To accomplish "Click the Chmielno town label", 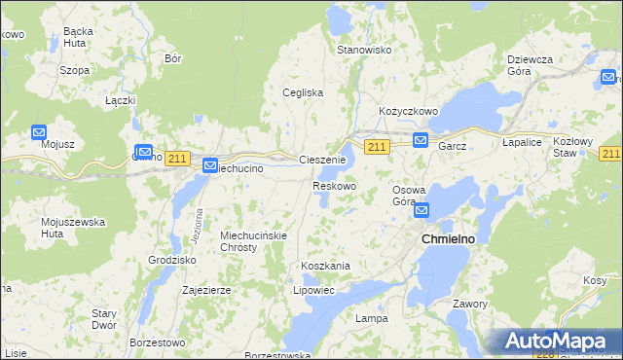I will [447, 238].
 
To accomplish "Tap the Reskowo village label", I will [334, 185].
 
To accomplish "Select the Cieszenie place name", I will [322, 160].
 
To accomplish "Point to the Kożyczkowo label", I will [409, 112].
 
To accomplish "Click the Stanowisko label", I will [363, 50].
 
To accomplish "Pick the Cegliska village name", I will [303, 92].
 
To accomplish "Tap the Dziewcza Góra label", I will [531, 65].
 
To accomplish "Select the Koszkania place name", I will [325, 266].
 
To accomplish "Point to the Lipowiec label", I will [313, 290].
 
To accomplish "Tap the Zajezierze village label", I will [206, 290].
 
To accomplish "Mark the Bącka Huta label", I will [77, 38].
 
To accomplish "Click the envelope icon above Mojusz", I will [39, 131].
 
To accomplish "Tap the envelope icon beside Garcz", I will [421, 140].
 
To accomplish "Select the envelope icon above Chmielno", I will [421, 210].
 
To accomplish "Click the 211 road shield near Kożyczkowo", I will [378, 146].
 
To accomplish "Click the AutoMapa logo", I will [559, 342].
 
